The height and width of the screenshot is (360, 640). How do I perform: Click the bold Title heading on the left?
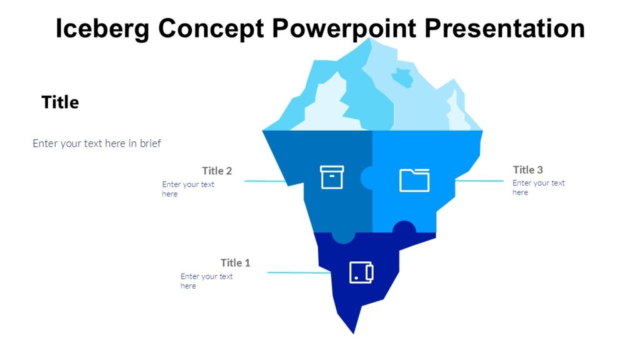[x=60, y=102]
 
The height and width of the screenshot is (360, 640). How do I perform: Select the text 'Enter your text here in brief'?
[x=97, y=144]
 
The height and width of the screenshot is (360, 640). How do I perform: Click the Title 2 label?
[x=217, y=171]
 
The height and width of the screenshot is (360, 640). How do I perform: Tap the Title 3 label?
[x=527, y=169]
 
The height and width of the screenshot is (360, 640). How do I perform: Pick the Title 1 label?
[x=235, y=262]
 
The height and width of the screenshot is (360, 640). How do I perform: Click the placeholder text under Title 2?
[x=187, y=189]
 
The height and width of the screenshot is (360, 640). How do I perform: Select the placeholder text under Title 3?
[x=538, y=187]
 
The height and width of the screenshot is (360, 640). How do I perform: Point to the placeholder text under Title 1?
[x=206, y=281]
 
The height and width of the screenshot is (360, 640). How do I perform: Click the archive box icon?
[x=332, y=177]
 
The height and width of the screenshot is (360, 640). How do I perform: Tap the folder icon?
[x=414, y=180]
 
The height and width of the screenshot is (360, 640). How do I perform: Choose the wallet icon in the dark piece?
[x=361, y=272]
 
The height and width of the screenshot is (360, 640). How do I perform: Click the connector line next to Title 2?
[x=265, y=181]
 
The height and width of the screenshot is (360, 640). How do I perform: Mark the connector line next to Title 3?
[x=479, y=181]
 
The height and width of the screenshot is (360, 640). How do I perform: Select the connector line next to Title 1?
[x=298, y=272]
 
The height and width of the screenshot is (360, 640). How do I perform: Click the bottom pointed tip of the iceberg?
[x=354, y=330]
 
